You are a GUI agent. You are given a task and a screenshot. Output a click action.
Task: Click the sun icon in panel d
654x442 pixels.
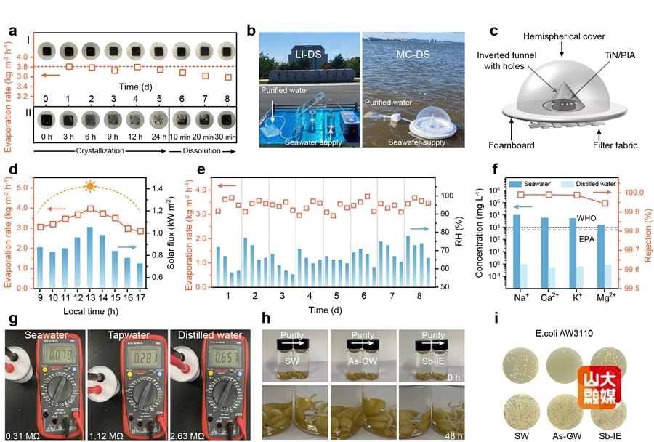tap(90, 187)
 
